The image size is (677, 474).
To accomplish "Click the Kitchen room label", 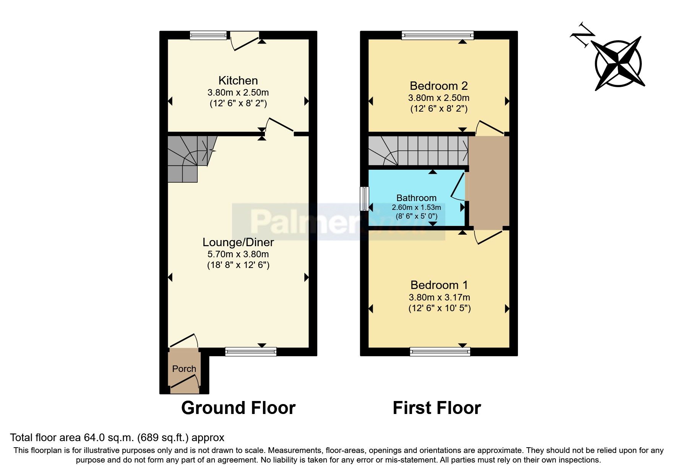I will coord(238,81).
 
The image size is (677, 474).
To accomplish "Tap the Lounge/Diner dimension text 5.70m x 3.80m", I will coord(238,254).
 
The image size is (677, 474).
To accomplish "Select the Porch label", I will coord(184,369).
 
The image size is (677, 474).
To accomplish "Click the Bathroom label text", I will coord(416,198).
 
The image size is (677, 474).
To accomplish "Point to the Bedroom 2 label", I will coord(438,86).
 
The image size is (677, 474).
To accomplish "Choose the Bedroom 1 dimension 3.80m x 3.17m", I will coord(439,297).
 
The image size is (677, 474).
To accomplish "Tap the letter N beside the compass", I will coord(583,34).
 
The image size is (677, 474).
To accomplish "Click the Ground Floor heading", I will coord(238,408).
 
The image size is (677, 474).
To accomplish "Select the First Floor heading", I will coord(437,408).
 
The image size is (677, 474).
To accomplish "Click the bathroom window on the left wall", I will coord(365,199).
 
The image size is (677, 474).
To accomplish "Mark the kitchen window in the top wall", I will coord(208,35).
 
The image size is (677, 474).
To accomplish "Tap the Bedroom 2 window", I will coord(437,35).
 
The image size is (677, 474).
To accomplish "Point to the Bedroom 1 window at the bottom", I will coord(440,351).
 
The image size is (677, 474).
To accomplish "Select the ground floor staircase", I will coord(187,159).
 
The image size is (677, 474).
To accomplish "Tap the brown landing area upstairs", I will coord(489,183).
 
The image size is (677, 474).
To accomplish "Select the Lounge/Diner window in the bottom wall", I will coord(250,351).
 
